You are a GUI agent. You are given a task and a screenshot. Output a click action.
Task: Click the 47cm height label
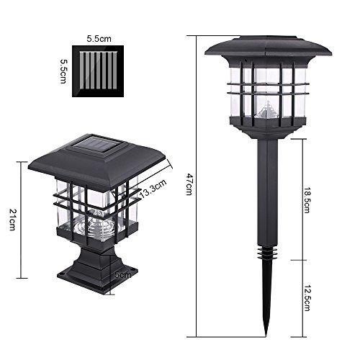(189, 184)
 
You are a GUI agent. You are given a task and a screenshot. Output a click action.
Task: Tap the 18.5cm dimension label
(307, 201)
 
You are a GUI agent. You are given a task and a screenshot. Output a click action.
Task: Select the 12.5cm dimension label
(307, 298)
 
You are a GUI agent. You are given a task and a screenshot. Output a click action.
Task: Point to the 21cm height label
(12, 220)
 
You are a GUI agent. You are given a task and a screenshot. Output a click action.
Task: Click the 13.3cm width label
(153, 189)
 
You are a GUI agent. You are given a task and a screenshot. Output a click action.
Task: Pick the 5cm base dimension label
(122, 275)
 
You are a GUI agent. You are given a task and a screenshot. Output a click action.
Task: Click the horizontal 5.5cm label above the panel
(99, 39)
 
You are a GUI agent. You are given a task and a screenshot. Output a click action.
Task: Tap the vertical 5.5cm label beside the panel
(63, 71)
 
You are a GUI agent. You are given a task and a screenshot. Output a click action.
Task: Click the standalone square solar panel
(98, 71)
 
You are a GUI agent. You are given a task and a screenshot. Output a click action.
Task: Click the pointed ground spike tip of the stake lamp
(266, 335)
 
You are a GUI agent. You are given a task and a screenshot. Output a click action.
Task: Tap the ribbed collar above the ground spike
(267, 253)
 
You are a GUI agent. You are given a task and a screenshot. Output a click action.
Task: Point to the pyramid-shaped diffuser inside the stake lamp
(267, 109)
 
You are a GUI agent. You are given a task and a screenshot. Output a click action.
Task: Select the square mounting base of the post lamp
(97, 279)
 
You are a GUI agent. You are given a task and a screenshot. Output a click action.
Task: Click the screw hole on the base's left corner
(62, 274)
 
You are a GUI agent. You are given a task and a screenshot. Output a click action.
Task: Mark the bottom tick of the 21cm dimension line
(22, 278)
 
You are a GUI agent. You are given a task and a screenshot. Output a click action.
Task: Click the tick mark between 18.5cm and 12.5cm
(298, 260)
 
